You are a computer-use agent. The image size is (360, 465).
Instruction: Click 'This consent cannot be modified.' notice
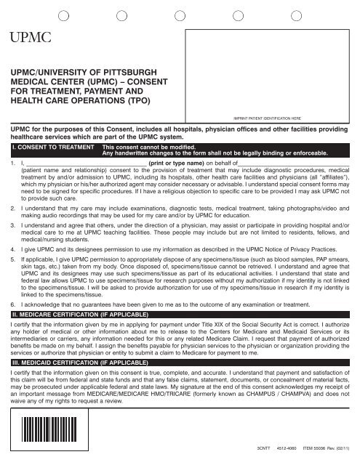pos(145,147)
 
